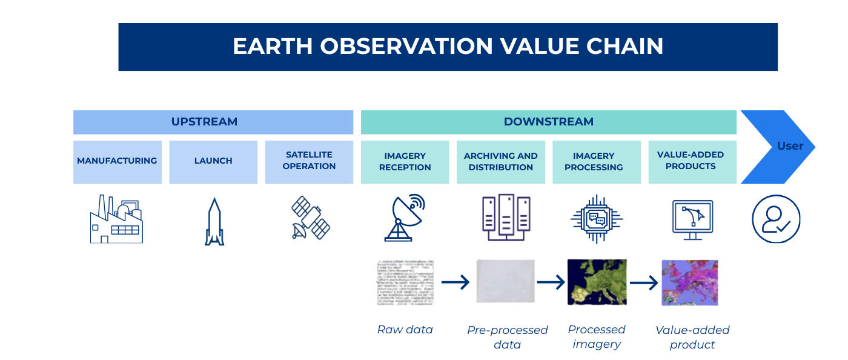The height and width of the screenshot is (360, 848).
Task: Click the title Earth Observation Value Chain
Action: [x=448, y=47]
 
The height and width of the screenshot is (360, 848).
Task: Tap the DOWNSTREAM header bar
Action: [x=548, y=122]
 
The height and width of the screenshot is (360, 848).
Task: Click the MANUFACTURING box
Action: [x=117, y=161]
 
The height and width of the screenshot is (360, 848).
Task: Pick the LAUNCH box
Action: [x=213, y=161]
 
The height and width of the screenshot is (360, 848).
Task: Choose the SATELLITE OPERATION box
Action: [x=309, y=161]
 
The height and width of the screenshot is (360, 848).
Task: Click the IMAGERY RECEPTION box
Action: [x=405, y=161]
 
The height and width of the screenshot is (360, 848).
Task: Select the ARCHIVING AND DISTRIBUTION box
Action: [x=500, y=161]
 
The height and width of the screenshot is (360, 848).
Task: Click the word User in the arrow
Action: [x=790, y=146]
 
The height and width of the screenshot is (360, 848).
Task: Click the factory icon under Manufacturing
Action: [x=116, y=219]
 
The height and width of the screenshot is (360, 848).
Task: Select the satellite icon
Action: [x=310, y=218]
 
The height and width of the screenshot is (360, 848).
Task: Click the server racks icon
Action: [x=506, y=218]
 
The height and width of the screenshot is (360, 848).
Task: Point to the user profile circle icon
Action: [x=776, y=219]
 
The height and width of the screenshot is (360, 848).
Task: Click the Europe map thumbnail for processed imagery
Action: [x=597, y=282]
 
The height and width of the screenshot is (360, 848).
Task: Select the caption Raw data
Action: [x=405, y=330]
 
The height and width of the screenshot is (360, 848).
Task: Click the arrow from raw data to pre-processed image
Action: [x=455, y=282]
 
